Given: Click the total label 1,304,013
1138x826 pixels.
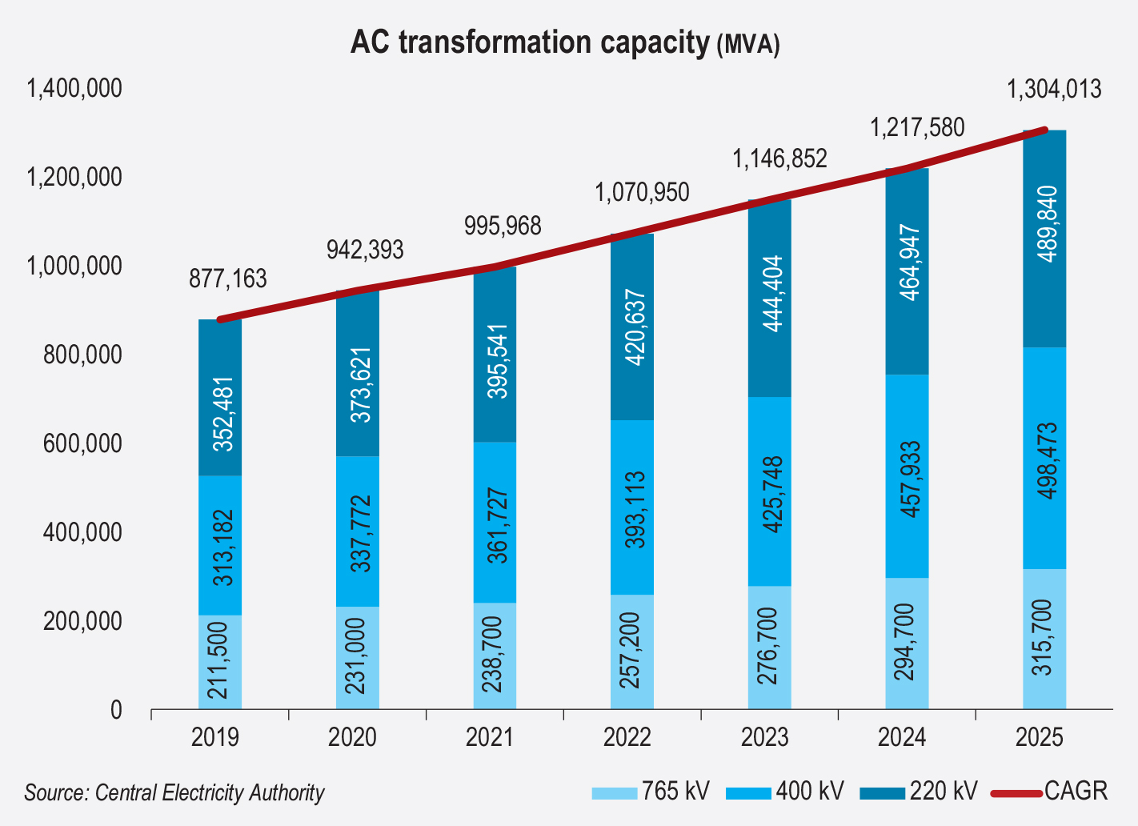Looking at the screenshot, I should click(x=1054, y=89).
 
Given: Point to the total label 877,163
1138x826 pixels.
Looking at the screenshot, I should click(x=228, y=279).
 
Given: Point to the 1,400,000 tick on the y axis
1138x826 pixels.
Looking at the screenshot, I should click(x=74, y=88).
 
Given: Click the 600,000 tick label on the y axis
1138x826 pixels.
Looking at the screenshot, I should click(x=74, y=443).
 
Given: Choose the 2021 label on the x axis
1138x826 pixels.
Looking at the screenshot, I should click(x=490, y=736).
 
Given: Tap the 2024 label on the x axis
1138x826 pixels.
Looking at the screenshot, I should click(x=902, y=736).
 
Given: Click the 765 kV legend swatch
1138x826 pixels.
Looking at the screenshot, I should click(x=615, y=793).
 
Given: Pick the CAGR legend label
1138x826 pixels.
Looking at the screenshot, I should click(x=1076, y=792).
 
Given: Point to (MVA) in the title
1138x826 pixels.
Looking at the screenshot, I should click(x=747, y=45).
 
